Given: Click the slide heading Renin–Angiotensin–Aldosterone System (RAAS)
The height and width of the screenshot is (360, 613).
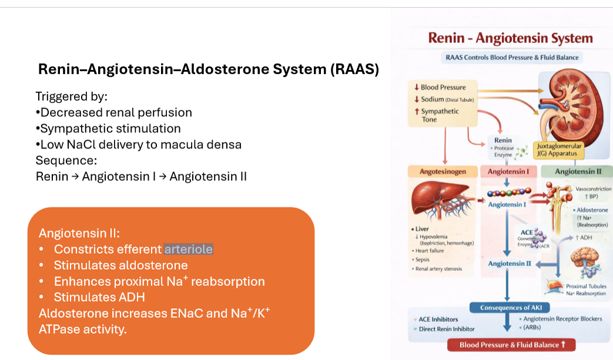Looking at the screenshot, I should [208, 69].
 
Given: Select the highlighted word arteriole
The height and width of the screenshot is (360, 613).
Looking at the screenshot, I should [188, 249].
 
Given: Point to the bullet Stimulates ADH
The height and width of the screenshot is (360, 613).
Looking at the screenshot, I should [99, 297].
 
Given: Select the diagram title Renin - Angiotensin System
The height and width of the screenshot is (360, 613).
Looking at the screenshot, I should [510, 39].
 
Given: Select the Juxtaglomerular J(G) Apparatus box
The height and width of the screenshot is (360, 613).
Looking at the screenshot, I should [558, 150].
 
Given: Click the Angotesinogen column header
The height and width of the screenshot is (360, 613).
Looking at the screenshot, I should [443, 171].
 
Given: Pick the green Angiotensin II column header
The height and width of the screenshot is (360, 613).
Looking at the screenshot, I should [578, 171].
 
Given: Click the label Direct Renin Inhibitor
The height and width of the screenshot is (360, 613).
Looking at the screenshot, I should [446, 329].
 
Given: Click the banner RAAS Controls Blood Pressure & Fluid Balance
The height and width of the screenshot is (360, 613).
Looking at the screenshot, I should [510, 58].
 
